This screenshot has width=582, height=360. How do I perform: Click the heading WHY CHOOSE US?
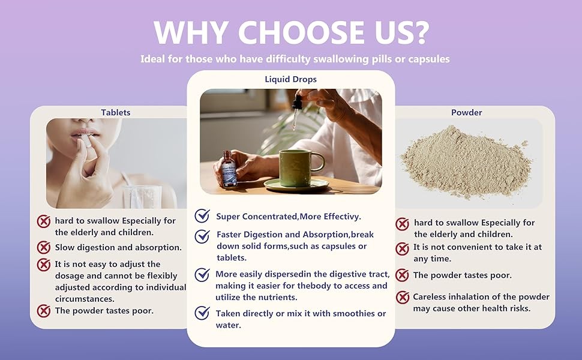click(292, 32)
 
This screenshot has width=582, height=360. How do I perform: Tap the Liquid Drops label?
click(290, 79)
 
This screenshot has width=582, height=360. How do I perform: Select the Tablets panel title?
click(115, 112)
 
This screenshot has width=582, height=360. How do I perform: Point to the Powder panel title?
click(467, 112)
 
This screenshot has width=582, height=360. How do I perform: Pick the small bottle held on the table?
click(229, 169)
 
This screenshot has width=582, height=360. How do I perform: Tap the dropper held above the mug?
click(296, 109)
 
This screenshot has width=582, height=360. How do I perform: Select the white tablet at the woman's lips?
click(85, 141)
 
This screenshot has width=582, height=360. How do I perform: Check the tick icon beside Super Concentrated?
click(202, 215)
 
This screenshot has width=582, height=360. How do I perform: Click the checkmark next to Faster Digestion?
click(202, 236)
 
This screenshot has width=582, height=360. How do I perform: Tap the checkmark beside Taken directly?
click(202, 313)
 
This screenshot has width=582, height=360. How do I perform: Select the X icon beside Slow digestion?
click(44, 247)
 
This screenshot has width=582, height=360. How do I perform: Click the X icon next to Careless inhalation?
click(403, 297)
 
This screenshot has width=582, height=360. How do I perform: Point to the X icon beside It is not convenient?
click(403, 248)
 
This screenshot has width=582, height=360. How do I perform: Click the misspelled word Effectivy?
click(343, 217)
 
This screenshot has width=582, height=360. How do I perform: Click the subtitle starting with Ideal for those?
click(295, 59)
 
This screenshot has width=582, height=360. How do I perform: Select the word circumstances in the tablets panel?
click(85, 299)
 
